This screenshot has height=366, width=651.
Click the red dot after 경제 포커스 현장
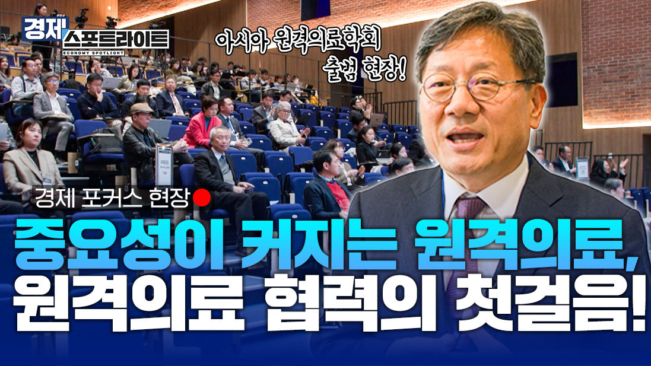(202, 198)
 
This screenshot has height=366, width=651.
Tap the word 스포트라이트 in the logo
(117, 40)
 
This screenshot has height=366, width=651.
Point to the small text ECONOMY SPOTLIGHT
(93, 53)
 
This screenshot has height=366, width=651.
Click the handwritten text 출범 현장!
(366, 70)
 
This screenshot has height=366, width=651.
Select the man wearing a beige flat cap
(143, 141)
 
